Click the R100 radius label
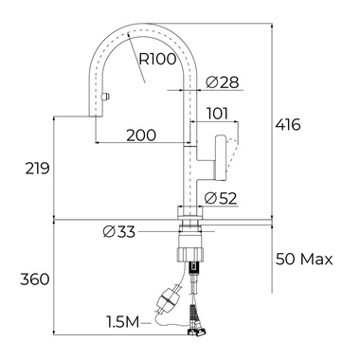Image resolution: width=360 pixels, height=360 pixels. pos(157,59)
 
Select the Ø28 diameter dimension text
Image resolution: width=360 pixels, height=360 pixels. pos(221,82)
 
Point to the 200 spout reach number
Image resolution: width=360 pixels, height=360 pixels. pos(140,135)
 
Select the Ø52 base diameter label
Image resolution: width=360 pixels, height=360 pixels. pos(221,198)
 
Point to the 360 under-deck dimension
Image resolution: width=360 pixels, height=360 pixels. pos(34,279)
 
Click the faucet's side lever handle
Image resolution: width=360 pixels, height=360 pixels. pos(226,155)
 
